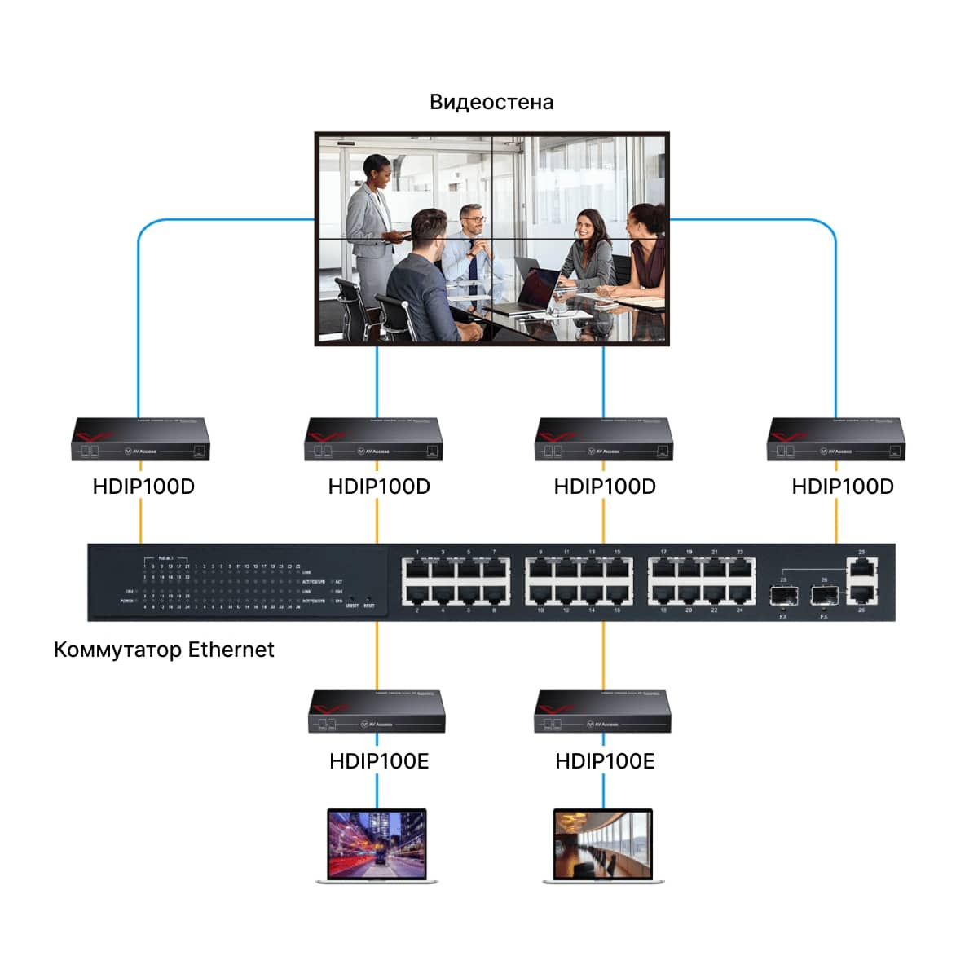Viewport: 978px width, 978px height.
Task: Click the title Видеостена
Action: [491, 103]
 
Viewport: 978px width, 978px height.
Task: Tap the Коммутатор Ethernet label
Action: [164, 650]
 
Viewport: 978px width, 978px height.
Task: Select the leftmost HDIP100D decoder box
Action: [140, 440]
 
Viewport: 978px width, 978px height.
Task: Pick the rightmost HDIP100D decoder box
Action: [835, 440]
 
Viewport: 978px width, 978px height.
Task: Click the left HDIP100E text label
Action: [378, 761]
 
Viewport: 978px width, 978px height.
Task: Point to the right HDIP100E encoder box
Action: [603, 712]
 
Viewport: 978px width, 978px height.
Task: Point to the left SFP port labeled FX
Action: [783, 596]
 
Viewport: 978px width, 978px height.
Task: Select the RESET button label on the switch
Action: [369, 606]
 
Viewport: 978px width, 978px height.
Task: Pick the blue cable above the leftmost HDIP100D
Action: [139, 326]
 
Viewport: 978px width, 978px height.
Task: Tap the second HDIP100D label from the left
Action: [378, 487]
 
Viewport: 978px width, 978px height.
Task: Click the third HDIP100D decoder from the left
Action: [604, 440]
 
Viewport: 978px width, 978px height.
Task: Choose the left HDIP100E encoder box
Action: [377, 712]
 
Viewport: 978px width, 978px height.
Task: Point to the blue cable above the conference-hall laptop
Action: [604, 791]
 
